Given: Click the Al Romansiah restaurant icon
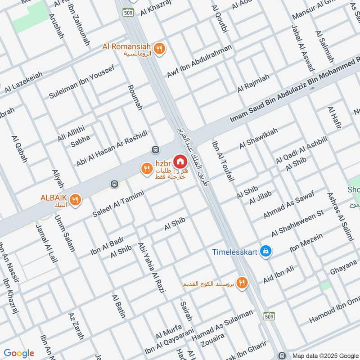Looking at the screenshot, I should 159,49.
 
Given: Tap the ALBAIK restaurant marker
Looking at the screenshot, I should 76,199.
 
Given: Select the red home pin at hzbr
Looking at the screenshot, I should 180,161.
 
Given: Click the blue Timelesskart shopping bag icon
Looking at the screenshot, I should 266,251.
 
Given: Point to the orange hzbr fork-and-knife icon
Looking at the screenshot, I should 146,169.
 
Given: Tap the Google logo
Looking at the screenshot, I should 19,353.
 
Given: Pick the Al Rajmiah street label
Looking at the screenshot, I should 253,82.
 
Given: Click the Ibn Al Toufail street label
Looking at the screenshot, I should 223,161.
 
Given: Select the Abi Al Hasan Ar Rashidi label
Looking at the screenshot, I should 112,149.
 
